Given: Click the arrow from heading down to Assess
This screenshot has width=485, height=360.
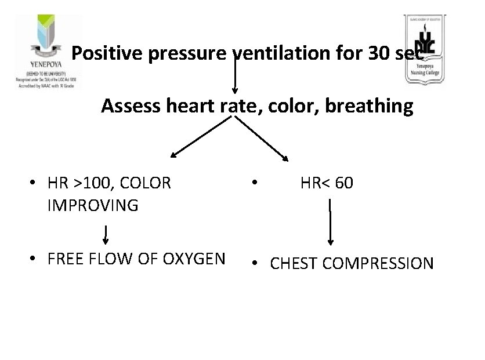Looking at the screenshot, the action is (x=234, y=75).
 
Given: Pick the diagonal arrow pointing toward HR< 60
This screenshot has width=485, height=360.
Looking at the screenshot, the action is (x=261, y=137).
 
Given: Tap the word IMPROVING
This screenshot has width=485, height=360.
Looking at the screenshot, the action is (x=93, y=205).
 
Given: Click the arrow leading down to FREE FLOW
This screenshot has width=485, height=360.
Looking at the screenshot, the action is (x=106, y=234).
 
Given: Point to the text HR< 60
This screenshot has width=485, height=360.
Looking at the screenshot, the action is (x=326, y=183).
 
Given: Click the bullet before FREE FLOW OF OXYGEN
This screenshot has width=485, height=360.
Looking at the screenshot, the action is (x=36, y=259).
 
